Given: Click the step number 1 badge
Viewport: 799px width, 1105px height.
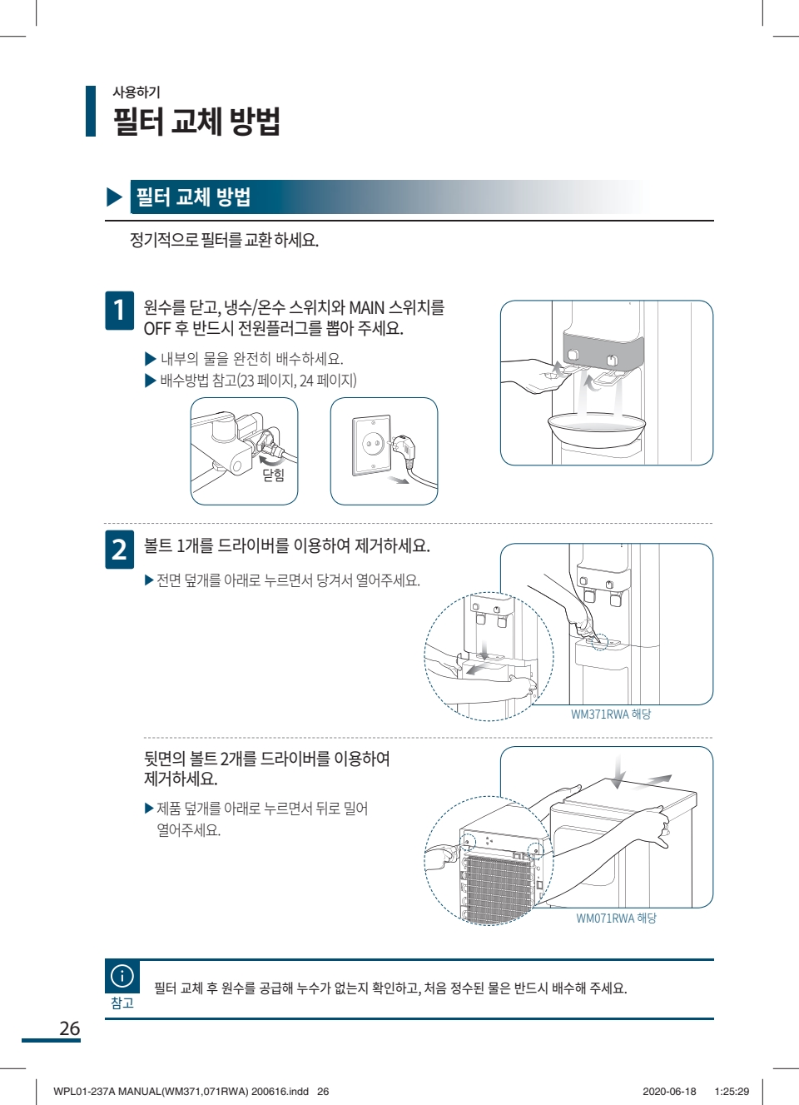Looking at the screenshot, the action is (119, 311).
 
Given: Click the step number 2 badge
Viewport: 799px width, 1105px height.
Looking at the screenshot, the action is (119, 550).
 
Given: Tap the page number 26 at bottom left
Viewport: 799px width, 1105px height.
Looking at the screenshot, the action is (70, 1028).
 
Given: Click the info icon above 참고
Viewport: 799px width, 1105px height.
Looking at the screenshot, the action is (122, 975).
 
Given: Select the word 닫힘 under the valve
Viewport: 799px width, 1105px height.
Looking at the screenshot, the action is (273, 475).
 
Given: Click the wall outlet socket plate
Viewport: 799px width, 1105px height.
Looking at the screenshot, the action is (372, 445).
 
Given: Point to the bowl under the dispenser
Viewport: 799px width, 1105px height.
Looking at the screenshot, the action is (597, 429).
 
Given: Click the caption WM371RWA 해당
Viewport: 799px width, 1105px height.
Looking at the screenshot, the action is (611, 714).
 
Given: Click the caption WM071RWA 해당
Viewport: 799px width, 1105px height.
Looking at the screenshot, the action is (616, 918).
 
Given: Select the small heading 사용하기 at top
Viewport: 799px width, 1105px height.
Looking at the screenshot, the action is (136, 92).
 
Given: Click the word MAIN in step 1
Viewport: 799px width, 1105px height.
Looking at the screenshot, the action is (366, 308).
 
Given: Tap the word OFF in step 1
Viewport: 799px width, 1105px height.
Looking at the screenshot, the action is (157, 329).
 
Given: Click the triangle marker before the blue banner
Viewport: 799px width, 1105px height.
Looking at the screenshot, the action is (114, 197).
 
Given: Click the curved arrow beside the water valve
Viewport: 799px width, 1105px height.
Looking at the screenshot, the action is (270, 460).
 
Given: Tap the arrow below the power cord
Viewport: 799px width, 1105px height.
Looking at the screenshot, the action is (399, 480).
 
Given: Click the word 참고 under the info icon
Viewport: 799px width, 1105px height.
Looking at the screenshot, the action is (122, 1003).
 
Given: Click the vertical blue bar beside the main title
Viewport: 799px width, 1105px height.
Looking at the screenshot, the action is (91, 111).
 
